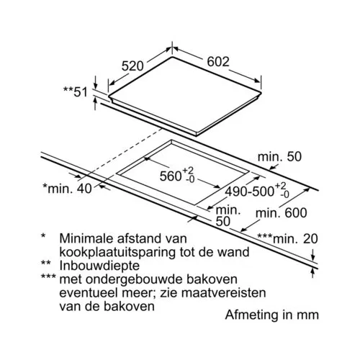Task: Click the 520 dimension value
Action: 132,66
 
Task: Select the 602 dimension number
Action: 218,61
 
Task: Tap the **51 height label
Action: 76,91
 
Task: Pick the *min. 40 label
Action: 67,189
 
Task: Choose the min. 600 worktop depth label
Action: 282,213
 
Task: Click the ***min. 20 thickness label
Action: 287,238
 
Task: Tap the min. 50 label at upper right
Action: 279,157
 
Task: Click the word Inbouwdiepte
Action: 99,266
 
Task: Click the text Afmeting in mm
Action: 272,315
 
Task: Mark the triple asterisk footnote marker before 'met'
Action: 48,277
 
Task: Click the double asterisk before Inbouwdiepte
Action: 46,264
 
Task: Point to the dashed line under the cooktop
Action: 120,154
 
